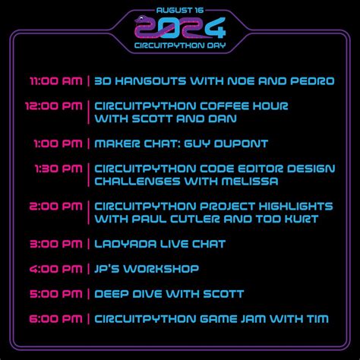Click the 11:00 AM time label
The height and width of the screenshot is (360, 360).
coord(56,81)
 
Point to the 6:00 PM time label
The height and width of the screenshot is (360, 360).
coord(55,319)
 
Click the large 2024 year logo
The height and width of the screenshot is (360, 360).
coord(179,29)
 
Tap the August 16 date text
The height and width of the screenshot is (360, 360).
coord(180,9)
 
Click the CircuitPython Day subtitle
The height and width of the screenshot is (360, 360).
coord(180,46)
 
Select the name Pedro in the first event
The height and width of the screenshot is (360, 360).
coord(311,81)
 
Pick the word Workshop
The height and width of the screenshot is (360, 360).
coord(163,269)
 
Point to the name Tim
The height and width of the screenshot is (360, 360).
coord(317,319)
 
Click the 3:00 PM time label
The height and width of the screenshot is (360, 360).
coord(55,244)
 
